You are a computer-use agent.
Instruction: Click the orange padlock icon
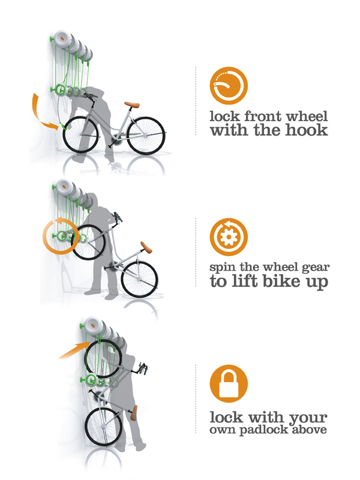[x=229, y=383]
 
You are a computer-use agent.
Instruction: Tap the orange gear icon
[x=229, y=236]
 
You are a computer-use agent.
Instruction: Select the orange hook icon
[x=229, y=85]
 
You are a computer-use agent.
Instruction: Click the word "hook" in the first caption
[x=307, y=130]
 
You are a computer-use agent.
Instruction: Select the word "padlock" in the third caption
[x=264, y=430]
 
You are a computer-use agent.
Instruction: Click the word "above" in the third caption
[x=309, y=429]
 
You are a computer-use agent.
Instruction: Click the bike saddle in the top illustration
[x=132, y=105]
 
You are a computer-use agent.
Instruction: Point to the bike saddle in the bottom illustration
[x=134, y=413]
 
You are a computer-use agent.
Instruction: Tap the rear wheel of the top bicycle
[x=146, y=135]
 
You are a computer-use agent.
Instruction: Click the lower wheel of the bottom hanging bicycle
[x=103, y=427]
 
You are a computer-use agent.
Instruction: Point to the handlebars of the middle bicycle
[x=118, y=217]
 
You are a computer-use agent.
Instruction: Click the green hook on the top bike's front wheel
[x=63, y=126]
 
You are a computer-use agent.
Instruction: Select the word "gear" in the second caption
[x=316, y=268]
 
